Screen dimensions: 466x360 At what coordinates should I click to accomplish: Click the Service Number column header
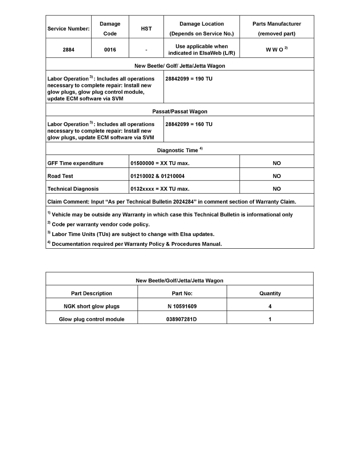69,29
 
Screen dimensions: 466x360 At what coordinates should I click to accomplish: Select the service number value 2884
69,50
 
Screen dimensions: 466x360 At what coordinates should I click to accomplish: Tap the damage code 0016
110,50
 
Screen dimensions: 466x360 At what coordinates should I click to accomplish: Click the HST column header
146,29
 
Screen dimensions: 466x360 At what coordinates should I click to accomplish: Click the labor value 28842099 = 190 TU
189,79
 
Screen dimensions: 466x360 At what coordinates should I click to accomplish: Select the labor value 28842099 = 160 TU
189,124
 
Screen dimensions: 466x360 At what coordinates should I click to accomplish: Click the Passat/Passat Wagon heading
180,111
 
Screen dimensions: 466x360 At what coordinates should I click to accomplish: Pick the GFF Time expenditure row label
75,163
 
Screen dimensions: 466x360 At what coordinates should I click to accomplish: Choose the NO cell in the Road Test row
277,176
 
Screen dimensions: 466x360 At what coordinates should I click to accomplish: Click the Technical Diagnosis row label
73,189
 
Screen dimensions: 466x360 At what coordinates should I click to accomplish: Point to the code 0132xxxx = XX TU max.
160,189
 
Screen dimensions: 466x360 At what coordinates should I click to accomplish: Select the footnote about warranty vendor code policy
100,224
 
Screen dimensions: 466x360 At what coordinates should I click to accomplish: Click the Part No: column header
182,293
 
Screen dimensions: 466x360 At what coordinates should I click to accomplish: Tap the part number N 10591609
182,306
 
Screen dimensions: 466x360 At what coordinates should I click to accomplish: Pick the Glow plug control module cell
92,319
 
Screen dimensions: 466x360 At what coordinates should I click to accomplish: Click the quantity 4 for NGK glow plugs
270,306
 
